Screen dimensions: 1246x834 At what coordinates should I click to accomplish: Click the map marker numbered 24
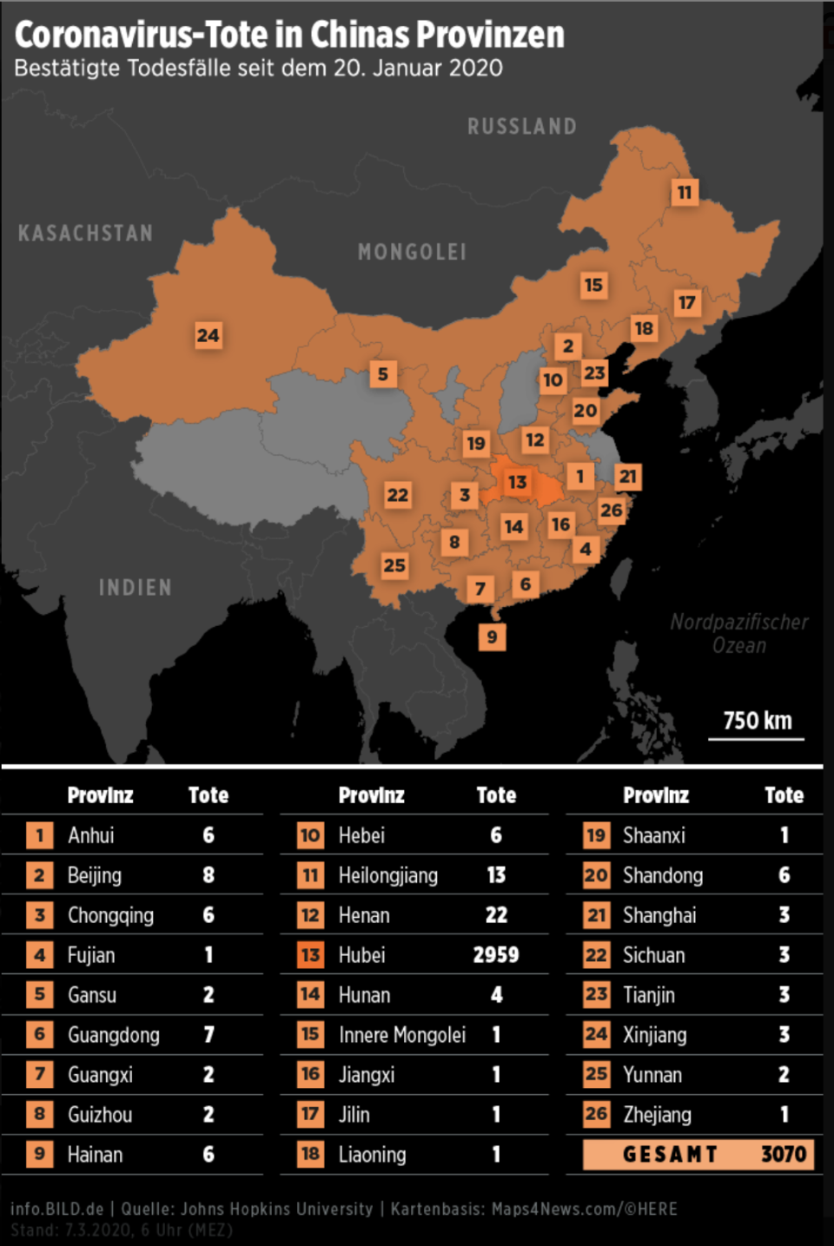tap(208, 335)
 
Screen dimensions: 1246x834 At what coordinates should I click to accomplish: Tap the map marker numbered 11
tap(685, 192)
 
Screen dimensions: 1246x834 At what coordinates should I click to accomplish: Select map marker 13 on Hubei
tap(517, 481)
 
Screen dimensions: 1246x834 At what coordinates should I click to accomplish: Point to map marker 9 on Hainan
tap(492, 636)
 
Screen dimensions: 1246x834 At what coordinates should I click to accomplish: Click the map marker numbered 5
tap(382, 374)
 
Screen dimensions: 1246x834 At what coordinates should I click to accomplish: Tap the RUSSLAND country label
tap(521, 127)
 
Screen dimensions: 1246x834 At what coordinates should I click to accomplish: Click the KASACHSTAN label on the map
tap(85, 234)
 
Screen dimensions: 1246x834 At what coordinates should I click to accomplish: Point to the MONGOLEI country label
tap(412, 253)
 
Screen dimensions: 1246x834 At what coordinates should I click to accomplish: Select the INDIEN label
tap(135, 588)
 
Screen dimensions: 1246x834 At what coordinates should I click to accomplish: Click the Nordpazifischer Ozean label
tap(738, 634)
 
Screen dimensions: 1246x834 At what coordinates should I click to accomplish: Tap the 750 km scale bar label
tap(758, 721)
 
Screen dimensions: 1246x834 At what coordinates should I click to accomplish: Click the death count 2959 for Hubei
tap(496, 955)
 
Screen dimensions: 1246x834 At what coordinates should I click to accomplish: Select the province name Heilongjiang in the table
tap(387, 875)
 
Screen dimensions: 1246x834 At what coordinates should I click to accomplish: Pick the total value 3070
tap(784, 1154)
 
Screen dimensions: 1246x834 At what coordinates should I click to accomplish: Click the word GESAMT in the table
tap(670, 1154)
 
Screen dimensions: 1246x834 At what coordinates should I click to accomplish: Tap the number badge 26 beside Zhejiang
tap(596, 1114)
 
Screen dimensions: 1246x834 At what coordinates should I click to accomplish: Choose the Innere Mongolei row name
tap(401, 1035)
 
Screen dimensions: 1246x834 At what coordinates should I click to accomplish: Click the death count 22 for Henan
tap(496, 915)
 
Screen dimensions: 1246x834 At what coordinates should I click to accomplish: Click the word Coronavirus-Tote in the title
tap(141, 35)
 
